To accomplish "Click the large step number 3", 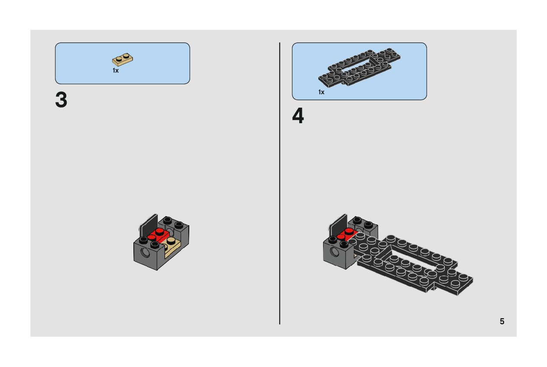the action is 61,100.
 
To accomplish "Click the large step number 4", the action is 298,116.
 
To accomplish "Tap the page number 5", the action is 502,321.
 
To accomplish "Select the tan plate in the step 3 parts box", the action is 123,60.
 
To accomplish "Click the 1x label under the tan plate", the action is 116,70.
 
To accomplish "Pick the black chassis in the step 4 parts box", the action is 359,68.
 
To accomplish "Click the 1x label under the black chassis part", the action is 321,92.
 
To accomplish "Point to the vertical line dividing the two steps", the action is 280,183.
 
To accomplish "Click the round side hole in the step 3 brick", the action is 145,252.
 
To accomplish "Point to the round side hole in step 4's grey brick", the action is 334,252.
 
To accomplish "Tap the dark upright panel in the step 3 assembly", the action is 149,225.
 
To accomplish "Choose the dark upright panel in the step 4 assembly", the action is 338,225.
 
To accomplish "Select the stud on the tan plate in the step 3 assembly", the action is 171,241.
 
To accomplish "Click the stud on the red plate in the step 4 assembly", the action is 349,231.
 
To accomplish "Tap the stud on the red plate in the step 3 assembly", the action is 159,231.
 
